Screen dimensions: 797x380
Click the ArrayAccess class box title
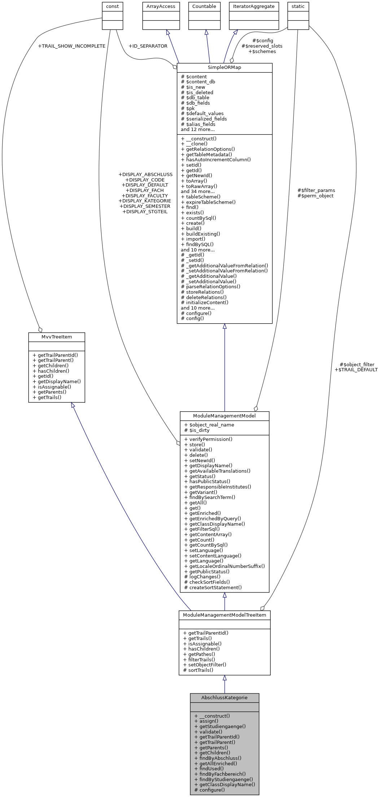161,6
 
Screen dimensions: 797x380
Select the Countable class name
204,6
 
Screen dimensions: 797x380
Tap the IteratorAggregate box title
254,6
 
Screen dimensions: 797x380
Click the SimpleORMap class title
224,67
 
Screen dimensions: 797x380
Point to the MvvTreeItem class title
57,337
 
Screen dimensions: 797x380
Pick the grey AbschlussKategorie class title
224,698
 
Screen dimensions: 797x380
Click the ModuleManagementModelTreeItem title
224,615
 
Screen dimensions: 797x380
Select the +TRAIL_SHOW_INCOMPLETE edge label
71,46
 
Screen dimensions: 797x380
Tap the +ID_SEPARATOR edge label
148,46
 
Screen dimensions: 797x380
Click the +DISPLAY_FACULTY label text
145,196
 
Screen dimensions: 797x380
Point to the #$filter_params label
316,190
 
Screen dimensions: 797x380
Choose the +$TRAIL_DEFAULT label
356,370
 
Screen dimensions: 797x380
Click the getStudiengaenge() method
220,727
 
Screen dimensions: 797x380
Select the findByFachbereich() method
220,774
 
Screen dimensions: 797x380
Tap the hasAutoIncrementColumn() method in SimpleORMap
216,159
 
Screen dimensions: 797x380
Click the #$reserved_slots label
262,46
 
